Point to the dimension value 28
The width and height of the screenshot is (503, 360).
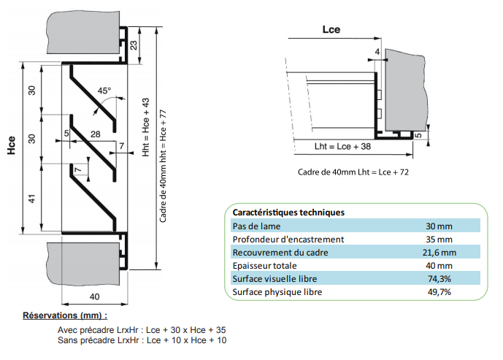coord(95,133)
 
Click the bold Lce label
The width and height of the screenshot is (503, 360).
coord(331,30)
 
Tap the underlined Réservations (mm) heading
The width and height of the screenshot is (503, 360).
coord(65,315)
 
